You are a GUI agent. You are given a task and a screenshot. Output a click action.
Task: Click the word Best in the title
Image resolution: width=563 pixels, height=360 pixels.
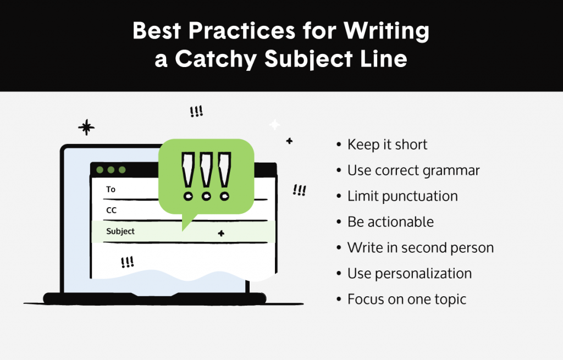[157, 32]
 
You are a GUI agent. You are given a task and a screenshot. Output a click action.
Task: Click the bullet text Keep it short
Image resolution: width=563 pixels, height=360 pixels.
[387, 145]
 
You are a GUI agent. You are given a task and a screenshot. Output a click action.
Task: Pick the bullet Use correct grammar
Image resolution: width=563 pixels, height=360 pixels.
[413, 170]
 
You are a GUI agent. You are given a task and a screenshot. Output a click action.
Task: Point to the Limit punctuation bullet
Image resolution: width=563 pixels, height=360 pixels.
[402, 196]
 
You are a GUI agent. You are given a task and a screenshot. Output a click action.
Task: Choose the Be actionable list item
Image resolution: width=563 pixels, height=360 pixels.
[390, 222]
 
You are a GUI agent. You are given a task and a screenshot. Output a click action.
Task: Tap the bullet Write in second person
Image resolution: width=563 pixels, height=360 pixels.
[420, 248]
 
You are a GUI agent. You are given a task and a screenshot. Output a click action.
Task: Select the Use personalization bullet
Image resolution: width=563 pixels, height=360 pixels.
[410, 274]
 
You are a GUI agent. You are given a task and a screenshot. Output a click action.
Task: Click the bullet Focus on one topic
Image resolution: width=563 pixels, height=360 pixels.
[406, 300]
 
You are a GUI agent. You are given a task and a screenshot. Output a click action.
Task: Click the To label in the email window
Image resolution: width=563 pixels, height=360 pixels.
[111, 189]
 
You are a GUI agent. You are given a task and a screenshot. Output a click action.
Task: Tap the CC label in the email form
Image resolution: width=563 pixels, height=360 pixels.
[112, 210]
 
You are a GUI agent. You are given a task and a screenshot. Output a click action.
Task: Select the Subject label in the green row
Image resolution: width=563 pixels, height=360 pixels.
[120, 231]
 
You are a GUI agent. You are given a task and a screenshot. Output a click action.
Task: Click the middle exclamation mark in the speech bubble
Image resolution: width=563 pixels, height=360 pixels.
[206, 176]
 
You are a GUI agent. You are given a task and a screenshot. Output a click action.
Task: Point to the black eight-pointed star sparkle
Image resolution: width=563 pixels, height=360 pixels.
[86, 128]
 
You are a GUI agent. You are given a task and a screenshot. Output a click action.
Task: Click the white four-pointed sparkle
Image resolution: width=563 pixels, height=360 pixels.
[274, 125]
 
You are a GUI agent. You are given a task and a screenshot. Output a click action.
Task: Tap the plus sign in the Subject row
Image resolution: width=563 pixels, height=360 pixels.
[221, 234]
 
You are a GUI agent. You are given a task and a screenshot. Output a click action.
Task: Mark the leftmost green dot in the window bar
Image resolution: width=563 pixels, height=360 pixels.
[100, 170]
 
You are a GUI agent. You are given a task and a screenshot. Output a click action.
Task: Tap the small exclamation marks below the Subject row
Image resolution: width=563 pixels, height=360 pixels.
[127, 262]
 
